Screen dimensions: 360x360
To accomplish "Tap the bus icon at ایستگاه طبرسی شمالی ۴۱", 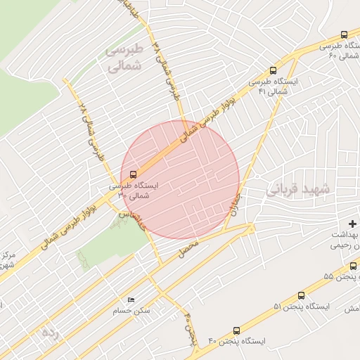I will click(x=273, y=70).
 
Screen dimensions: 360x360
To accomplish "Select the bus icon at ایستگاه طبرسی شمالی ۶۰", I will click(x=343, y=34).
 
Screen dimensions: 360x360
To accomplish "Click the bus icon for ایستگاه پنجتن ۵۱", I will click(x=301, y=296).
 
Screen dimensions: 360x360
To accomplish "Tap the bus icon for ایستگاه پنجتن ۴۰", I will click(x=236, y=330).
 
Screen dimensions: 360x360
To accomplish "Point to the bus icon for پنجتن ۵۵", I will click(x=354, y=266).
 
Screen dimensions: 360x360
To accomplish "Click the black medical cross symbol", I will click(x=352, y=223).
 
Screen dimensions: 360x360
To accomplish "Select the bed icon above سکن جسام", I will click(x=130, y=300).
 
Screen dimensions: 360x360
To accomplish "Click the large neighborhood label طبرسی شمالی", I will click(x=124, y=58).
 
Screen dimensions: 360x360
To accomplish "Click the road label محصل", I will click(x=189, y=247).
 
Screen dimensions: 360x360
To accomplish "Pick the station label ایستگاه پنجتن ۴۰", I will click(x=237, y=341).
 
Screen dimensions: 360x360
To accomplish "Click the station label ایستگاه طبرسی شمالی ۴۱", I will click(x=274, y=86).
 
